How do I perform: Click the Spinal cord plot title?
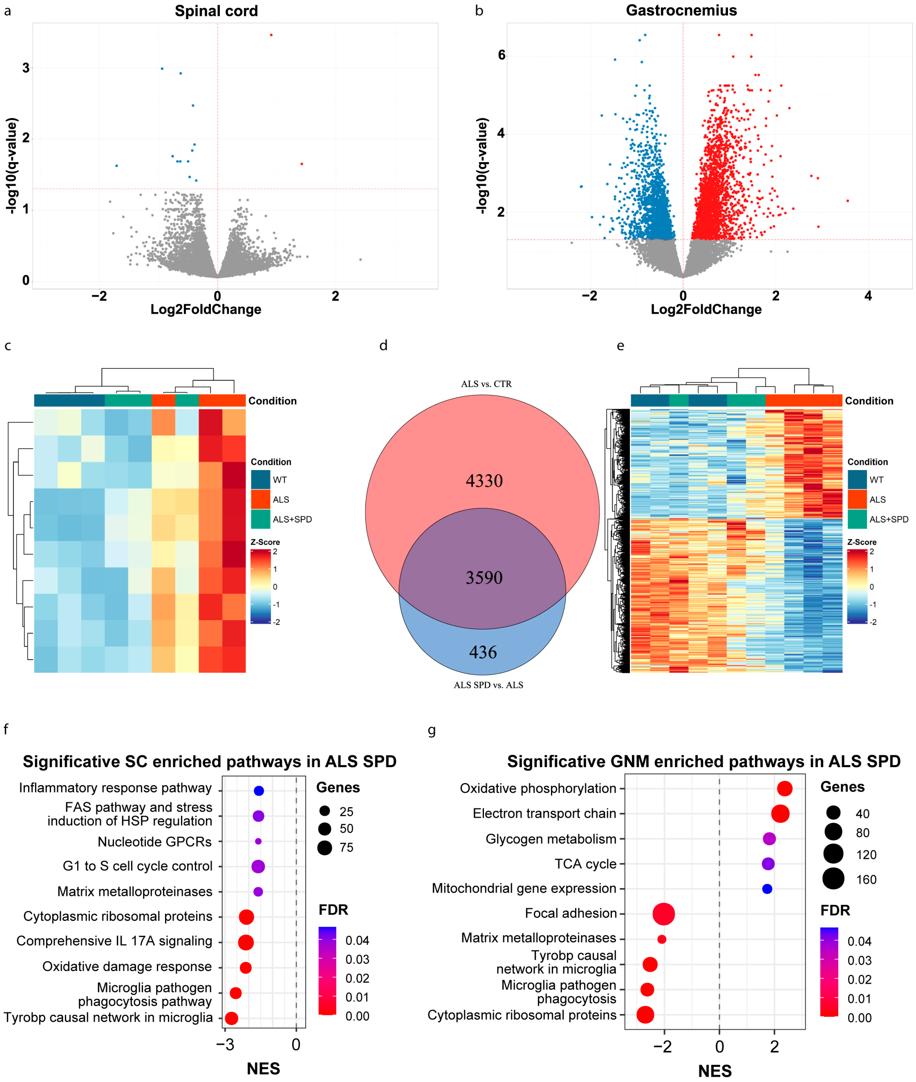pos(216,11)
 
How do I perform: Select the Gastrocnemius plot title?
pos(681,10)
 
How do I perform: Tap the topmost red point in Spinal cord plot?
pos(271,35)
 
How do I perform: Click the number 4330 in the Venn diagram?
pos(484,481)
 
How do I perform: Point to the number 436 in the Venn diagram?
pos(483,652)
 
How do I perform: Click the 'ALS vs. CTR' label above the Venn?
pos(486,384)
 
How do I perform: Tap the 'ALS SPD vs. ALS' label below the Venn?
pos(488,685)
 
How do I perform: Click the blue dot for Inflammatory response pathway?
pos(259,791)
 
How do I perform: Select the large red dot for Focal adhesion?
pos(664,914)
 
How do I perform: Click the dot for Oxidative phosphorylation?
pos(785,789)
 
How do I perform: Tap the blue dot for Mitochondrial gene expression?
pos(767,889)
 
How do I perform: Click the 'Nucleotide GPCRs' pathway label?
pos(155,842)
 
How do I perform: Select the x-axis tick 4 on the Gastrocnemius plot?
pos(868,296)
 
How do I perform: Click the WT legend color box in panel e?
pos(857,480)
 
